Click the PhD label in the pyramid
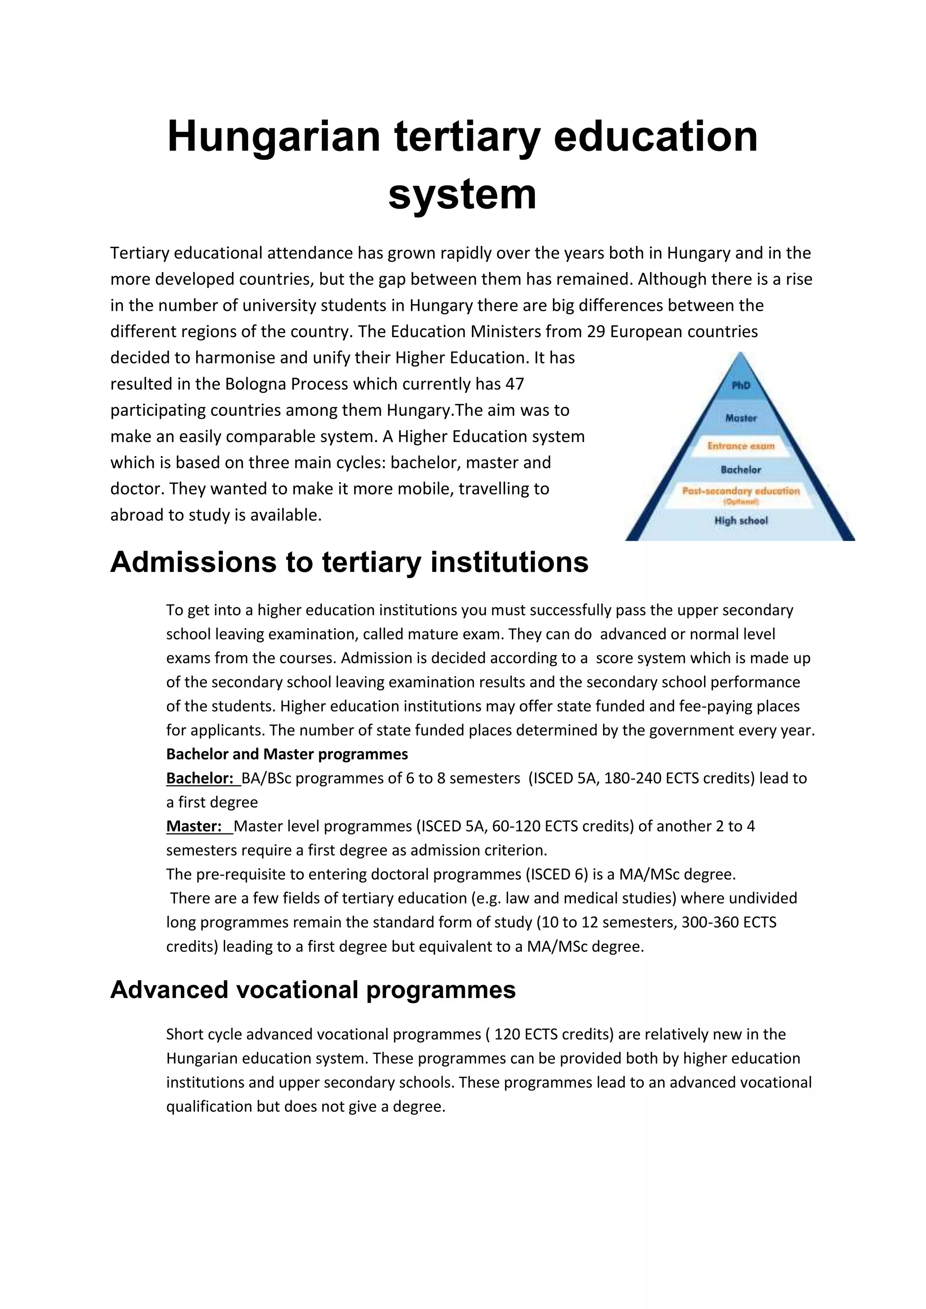tap(741, 386)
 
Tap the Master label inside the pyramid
tap(741, 418)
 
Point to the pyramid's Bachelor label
tap(741, 470)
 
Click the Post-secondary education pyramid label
tap(741, 491)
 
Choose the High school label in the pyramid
tap(741, 521)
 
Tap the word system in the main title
tap(463, 194)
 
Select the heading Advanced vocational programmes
tap(312, 990)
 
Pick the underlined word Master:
tap(194, 826)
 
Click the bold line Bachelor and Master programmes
tap(287, 754)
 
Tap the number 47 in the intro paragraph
tap(514, 384)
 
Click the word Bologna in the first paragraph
tap(255, 384)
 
